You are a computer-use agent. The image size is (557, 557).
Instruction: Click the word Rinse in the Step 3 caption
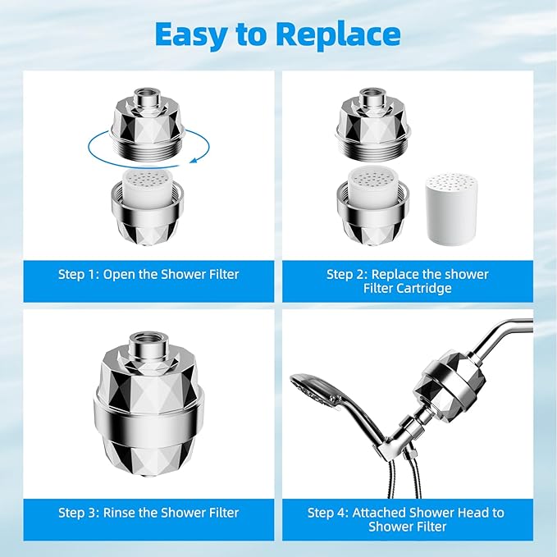coord(121,513)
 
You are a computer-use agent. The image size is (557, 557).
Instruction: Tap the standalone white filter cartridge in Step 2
coord(447,209)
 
